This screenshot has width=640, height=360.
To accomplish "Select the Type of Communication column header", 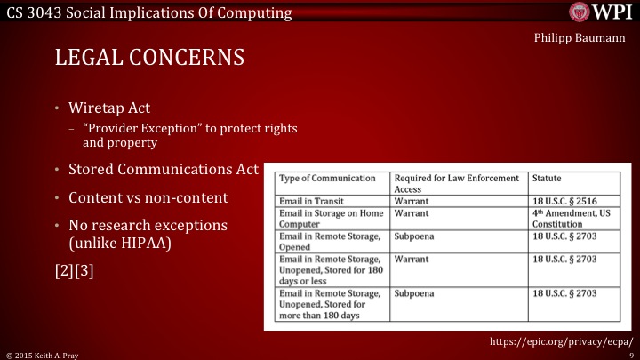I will tap(333, 179).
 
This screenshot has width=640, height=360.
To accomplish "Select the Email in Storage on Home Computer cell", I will tap(332, 219).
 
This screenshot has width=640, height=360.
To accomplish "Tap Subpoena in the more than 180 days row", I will tap(415, 292).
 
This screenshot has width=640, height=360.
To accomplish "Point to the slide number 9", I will tap(629, 355).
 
